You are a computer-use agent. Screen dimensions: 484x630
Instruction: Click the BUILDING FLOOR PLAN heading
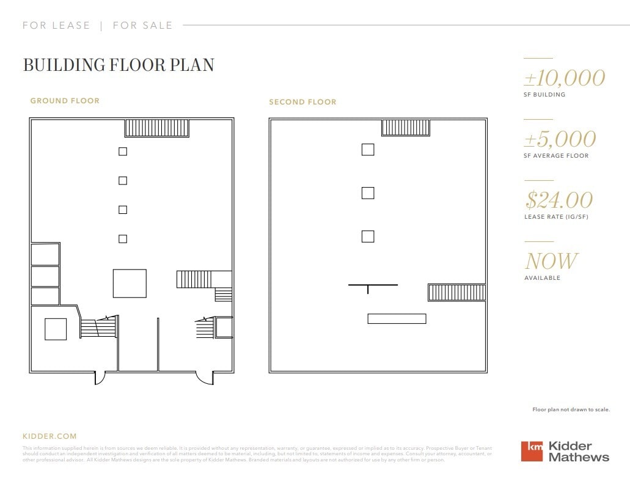[119, 65]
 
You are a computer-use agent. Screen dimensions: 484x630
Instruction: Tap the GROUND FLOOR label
[65, 101]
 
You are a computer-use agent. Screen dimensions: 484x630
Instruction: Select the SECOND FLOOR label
[302, 102]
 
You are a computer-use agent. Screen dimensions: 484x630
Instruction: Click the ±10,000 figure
[564, 78]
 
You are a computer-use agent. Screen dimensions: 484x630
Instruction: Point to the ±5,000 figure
[560, 139]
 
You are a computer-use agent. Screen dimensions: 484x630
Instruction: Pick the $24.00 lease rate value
[559, 200]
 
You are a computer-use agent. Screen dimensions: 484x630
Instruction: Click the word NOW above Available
[551, 262]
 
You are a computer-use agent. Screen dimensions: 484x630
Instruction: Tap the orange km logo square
[532, 451]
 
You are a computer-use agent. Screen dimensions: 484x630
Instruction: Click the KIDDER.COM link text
[49, 436]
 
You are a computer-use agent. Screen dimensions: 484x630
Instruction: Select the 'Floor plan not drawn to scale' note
[571, 409]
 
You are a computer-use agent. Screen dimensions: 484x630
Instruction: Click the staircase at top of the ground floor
[157, 128]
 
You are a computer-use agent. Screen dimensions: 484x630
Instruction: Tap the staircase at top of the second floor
[406, 128]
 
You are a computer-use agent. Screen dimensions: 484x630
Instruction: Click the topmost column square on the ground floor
[123, 152]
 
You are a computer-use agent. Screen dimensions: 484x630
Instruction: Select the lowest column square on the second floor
[368, 237]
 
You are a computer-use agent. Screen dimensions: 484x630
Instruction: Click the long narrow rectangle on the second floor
[397, 318]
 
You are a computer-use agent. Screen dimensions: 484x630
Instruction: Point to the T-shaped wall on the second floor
[373, 286]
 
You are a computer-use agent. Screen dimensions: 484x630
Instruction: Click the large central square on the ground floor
[130, 284]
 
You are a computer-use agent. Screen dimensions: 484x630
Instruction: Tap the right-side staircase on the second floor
[456, 292]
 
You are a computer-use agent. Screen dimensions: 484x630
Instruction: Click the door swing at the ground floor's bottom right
[205, 378]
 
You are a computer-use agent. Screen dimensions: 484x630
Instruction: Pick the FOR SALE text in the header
[143, 26]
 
